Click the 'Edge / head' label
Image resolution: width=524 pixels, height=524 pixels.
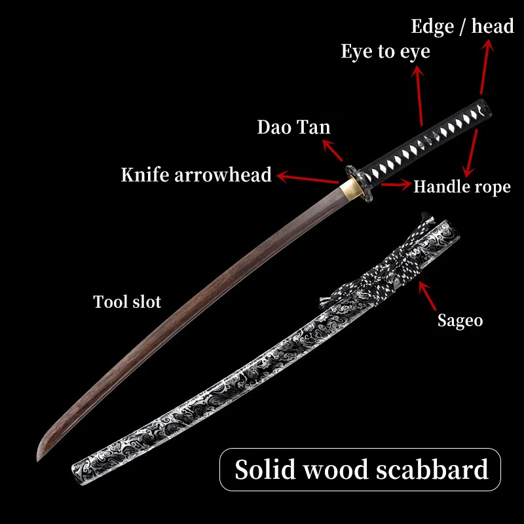[x=462, y=27]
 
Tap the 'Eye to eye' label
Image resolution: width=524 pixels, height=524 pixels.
[x=385, y=52]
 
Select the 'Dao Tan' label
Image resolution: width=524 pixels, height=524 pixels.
[x=293, y=127]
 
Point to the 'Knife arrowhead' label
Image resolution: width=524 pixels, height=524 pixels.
[x=196, y=175]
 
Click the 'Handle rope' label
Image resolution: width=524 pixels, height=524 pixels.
[x=462, y=187]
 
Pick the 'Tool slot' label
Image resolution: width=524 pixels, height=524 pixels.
[x=127, y=302]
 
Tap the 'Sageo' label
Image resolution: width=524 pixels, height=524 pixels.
[x=460, y=321]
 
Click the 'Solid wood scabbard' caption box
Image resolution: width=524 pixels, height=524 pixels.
[x=361, y=469]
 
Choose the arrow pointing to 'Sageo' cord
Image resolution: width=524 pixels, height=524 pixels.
[x=428, y=297]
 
